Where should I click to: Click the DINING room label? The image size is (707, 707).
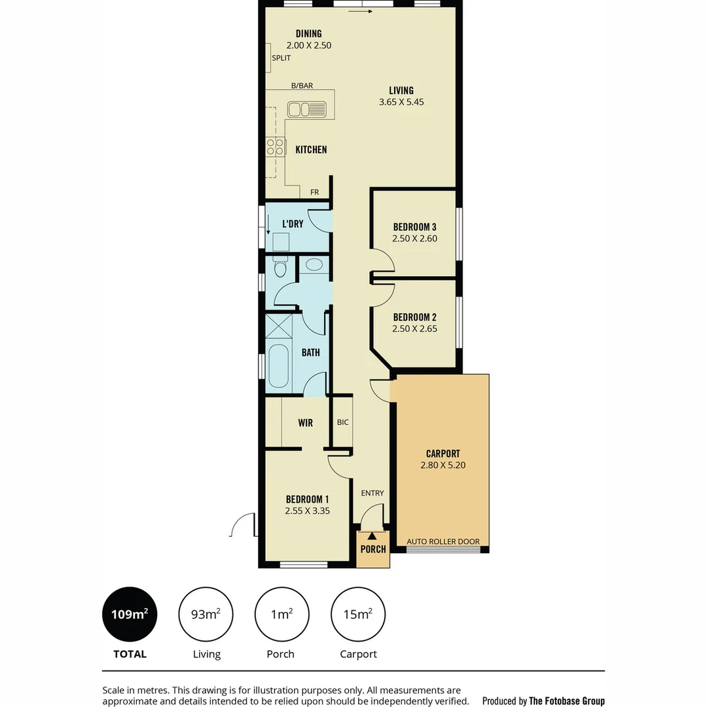308,34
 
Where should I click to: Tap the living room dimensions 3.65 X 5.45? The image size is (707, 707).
401,102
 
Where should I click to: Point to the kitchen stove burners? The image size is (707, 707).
276,147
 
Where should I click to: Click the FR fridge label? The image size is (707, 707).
315,192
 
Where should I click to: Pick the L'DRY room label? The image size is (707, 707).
293,224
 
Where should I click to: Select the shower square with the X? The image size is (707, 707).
278,325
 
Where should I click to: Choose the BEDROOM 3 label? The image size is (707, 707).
414,227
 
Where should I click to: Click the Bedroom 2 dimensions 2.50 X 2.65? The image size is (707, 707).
414,329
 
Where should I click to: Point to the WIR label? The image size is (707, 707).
305,423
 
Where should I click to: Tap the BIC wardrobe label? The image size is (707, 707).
342,422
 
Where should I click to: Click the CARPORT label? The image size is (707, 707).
443,453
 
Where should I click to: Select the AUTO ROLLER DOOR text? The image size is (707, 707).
443,541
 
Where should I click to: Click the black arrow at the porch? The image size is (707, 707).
372,536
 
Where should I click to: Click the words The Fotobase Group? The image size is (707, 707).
566,700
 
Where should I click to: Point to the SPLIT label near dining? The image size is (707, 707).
281,58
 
